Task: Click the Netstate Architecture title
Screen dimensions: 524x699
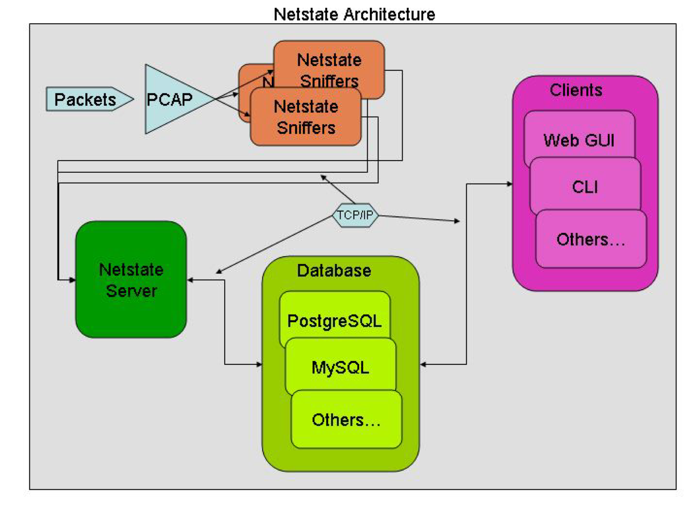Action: (354, 14)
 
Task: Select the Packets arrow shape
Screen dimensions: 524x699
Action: (89, 99)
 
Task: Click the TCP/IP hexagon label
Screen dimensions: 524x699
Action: (355, 215)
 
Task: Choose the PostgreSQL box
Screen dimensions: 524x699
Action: (335, 320)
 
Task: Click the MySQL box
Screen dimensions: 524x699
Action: (340, 367)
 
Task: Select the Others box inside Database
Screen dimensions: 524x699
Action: (346, 420)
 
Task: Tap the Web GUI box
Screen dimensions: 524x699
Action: (579, 140)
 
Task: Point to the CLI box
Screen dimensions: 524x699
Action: (585, 187)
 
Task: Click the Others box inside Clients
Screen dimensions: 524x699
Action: (591, 239)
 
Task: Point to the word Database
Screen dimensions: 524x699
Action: (334, 271)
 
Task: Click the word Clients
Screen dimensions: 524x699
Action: (576, 90)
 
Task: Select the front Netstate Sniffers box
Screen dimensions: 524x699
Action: (306, 117)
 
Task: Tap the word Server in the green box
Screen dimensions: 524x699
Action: (131, 291)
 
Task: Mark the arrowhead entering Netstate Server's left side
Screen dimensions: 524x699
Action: (73, 280)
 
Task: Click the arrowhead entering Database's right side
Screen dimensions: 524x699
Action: (423, 364)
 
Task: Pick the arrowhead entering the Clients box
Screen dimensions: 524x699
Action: (510, 184)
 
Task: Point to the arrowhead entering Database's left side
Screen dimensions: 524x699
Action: (260, 364)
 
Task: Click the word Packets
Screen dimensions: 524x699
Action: (85, 99)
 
